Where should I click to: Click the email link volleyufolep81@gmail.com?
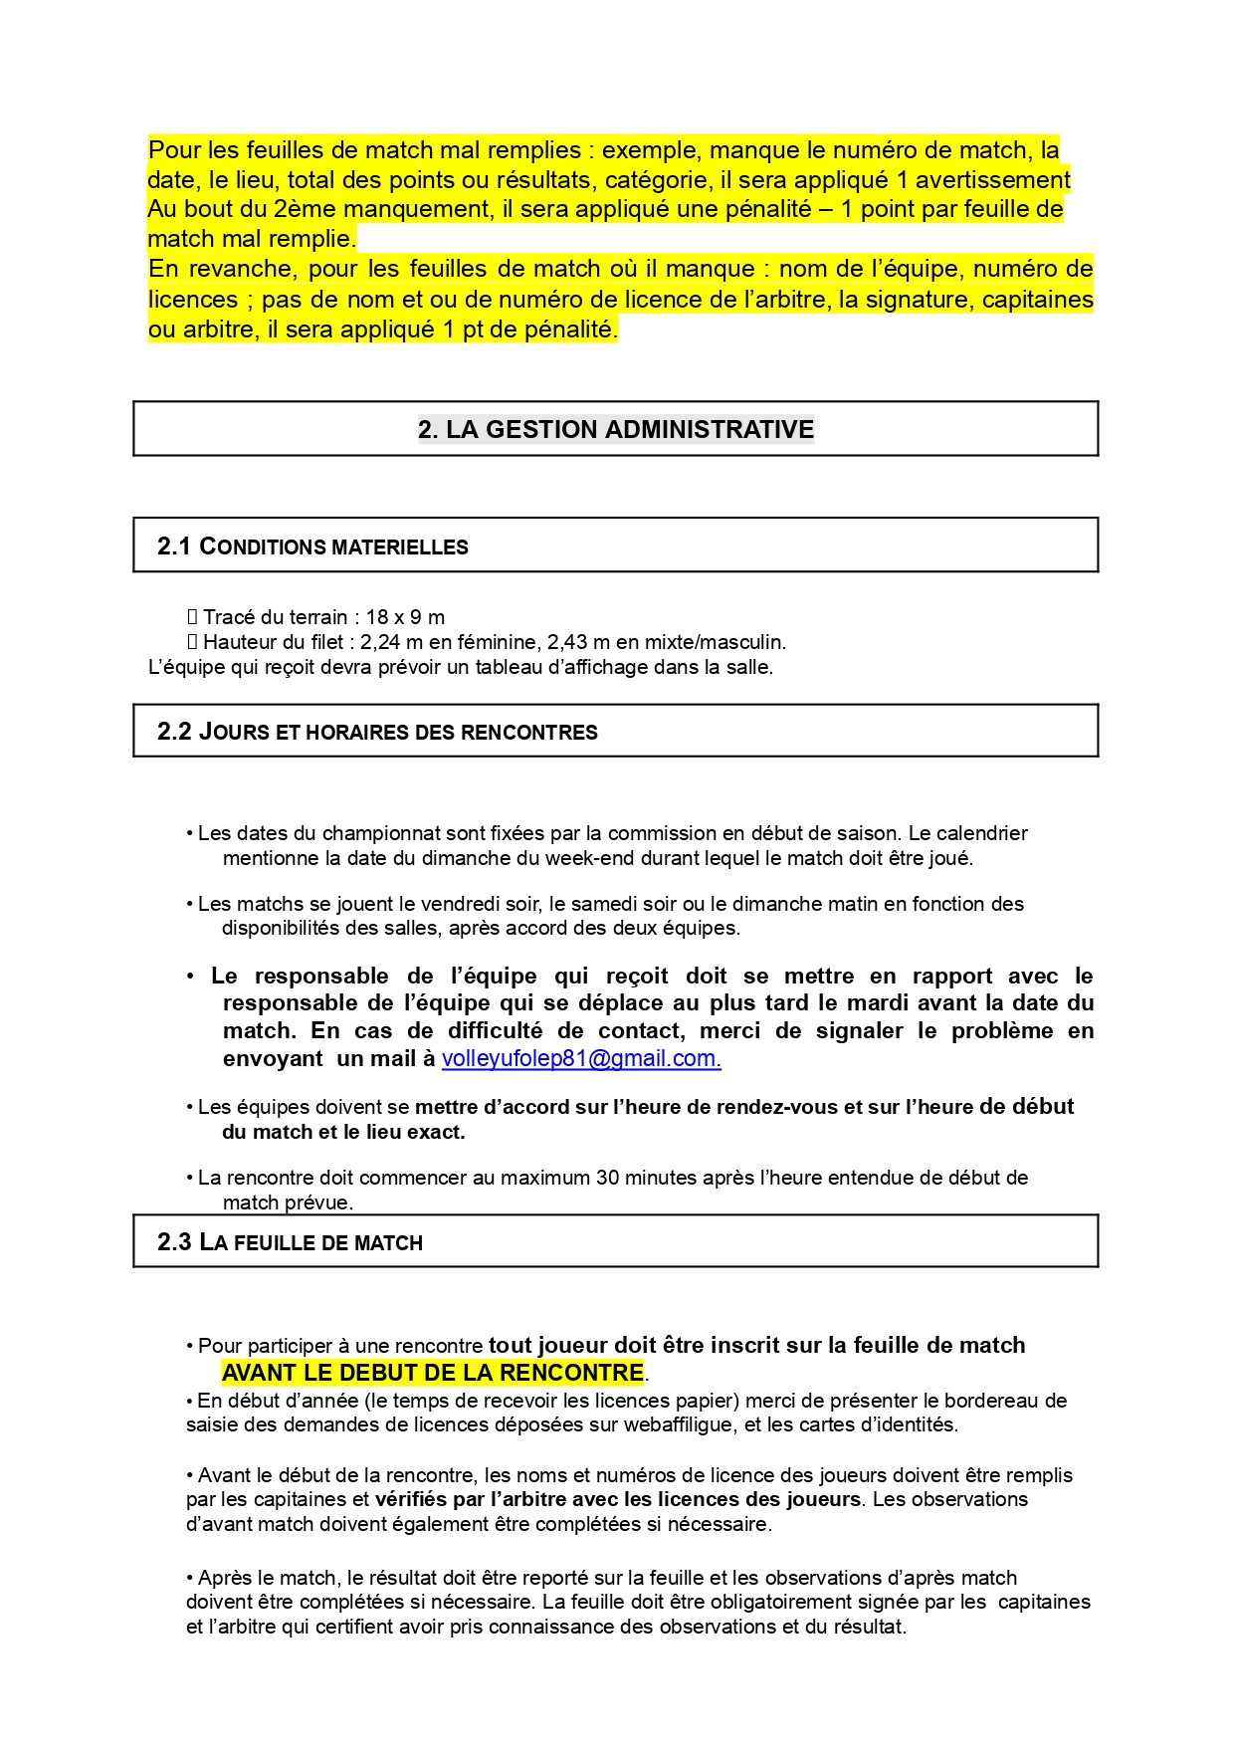coord(581,1059)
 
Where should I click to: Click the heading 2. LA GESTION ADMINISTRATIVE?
coord(615,429)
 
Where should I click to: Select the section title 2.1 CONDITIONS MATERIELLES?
coord(312,546)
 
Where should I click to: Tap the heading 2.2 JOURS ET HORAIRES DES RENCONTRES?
coord(377,733)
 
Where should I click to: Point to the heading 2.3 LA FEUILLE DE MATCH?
coord(290,1242)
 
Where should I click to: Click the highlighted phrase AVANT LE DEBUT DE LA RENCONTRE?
coord(433,1373)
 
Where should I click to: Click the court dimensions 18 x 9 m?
coord(405,617)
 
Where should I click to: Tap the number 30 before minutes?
coord(607,1178)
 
